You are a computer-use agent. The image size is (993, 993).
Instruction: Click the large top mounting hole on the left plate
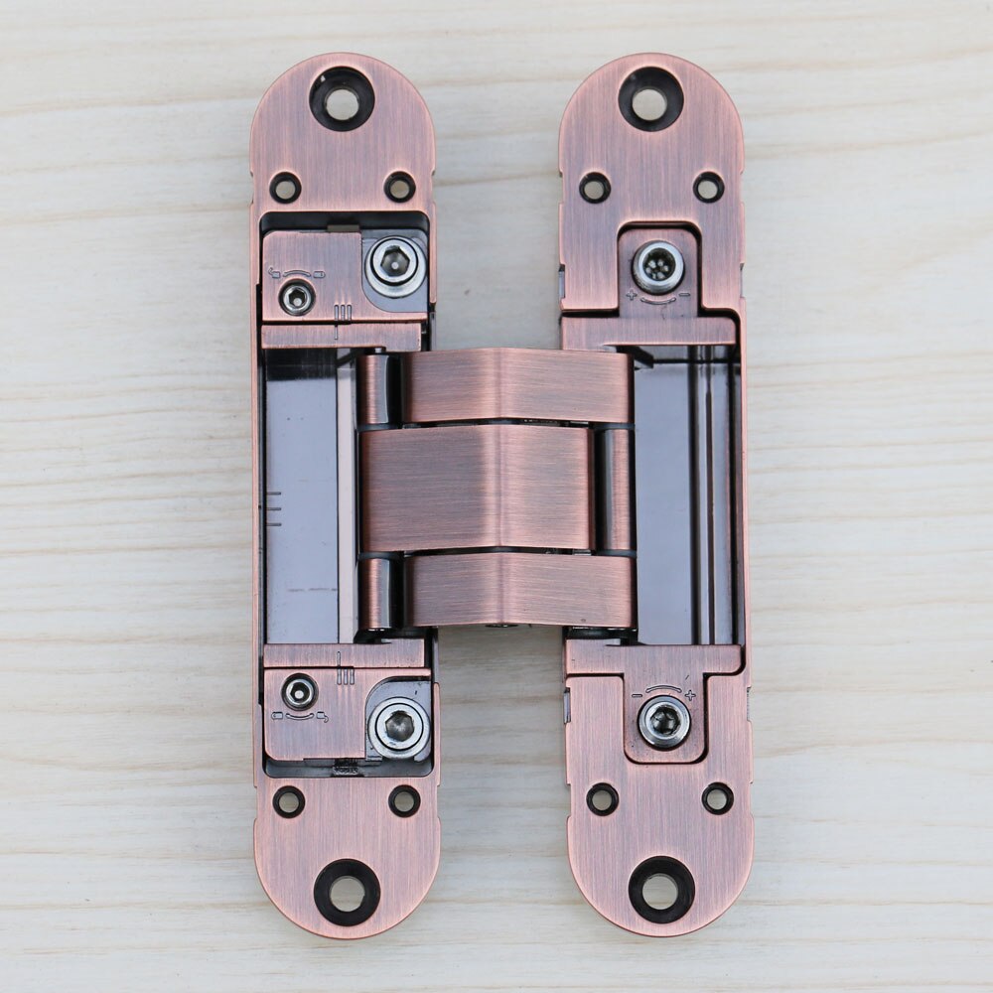tap(342, 99)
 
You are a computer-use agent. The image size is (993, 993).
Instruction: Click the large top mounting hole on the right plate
tap(650, 99)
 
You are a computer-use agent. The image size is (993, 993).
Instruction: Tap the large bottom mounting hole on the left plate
tap(347, 892)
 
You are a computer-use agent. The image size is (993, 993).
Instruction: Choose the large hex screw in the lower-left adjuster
tap(399, 727)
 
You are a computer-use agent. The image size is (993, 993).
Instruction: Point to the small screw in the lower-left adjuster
tap(299, 691)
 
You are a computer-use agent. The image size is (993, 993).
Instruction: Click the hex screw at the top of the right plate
tap(657, 267)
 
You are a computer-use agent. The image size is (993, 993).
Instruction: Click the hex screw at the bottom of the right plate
tap(664, 722)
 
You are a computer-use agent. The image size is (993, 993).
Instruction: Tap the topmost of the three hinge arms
tap(516, 385)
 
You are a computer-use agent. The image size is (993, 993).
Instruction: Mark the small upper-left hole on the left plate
tap(285, 186)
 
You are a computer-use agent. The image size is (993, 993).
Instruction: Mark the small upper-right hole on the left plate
tap(399, 186)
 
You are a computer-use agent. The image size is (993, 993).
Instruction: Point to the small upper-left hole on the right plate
tap(595, 186)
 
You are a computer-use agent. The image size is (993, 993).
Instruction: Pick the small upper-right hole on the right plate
tap(708, 186)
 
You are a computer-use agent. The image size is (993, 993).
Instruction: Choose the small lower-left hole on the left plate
tap(289, 800)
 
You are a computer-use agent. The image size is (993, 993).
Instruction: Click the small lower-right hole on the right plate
tap(717, 797)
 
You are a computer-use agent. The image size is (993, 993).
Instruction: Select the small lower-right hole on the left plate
tap(404, 800)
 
